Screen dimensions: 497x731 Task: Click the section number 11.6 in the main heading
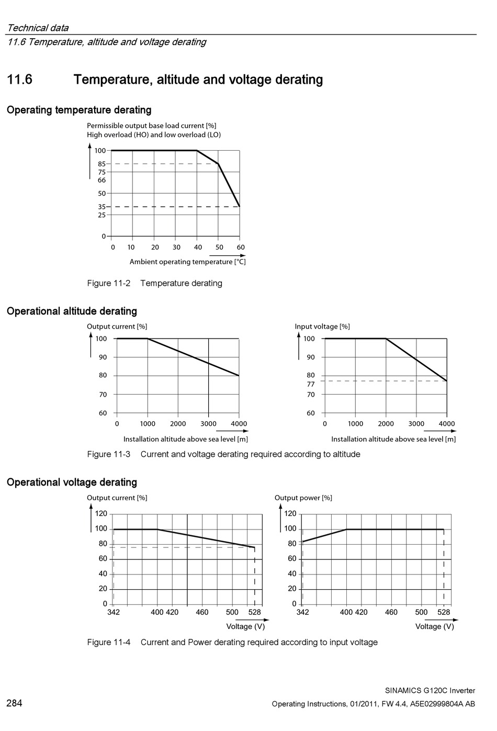coord(19,80)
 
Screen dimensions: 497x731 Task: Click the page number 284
coord(14,703)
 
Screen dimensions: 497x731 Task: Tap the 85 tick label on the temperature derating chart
coord(102,164)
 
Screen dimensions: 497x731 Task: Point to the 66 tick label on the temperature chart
coord(102,180)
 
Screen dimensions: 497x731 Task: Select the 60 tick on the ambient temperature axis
coord(241,248)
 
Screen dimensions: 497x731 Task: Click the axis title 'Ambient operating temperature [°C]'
coord(188,262)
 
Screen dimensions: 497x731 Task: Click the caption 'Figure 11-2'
coord(109,283)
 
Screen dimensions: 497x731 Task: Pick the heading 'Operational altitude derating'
coord(72,311)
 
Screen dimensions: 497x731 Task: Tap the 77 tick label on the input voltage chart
coord(311,385)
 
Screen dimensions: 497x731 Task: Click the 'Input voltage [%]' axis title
coord(322,327)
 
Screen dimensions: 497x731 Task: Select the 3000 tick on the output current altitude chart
coord(209,424)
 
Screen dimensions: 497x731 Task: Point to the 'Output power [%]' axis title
coord(303,498)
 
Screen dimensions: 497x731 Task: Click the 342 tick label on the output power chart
coord(302,612)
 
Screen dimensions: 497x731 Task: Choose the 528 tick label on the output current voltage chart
coord(255,612)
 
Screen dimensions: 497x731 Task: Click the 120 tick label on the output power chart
coord(290,514)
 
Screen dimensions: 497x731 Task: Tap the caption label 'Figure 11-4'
coord(109,643)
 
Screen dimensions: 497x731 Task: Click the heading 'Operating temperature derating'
coord(79,110)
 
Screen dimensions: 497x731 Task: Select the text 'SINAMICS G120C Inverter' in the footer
coord(430,691)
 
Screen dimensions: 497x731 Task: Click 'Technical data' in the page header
coord(38,28)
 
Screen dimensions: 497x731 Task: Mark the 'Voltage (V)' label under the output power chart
coord(435,626)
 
